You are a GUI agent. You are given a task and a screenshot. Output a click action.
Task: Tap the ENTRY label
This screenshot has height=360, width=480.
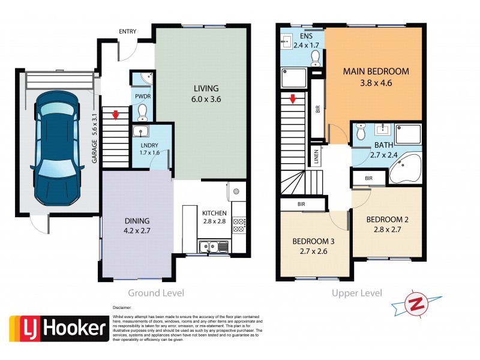[127, 31]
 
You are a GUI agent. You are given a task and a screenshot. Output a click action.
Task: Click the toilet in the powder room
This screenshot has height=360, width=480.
[142, 112]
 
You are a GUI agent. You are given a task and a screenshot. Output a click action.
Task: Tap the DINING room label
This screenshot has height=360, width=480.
[137, 221]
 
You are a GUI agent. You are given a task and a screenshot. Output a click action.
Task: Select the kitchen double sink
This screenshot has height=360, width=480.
[214, 245]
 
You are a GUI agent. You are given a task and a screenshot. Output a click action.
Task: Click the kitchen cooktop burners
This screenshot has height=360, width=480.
[238, 225]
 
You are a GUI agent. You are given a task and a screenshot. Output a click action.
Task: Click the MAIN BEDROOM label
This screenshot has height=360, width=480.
[376, 71]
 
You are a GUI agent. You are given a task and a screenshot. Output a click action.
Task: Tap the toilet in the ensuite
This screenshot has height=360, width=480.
[315, 56]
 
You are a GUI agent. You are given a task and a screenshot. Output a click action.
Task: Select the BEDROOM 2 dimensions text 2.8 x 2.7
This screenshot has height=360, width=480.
[386, 229]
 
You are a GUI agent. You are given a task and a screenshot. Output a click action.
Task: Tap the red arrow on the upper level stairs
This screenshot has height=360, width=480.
[292, 98]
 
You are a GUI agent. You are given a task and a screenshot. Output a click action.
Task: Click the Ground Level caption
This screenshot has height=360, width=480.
[156, 293]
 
